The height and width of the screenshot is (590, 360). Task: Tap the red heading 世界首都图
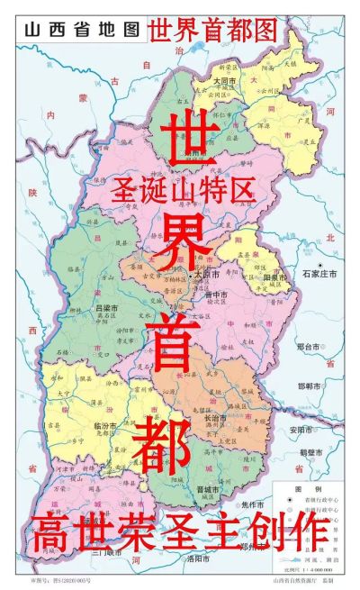pos(214,30)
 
